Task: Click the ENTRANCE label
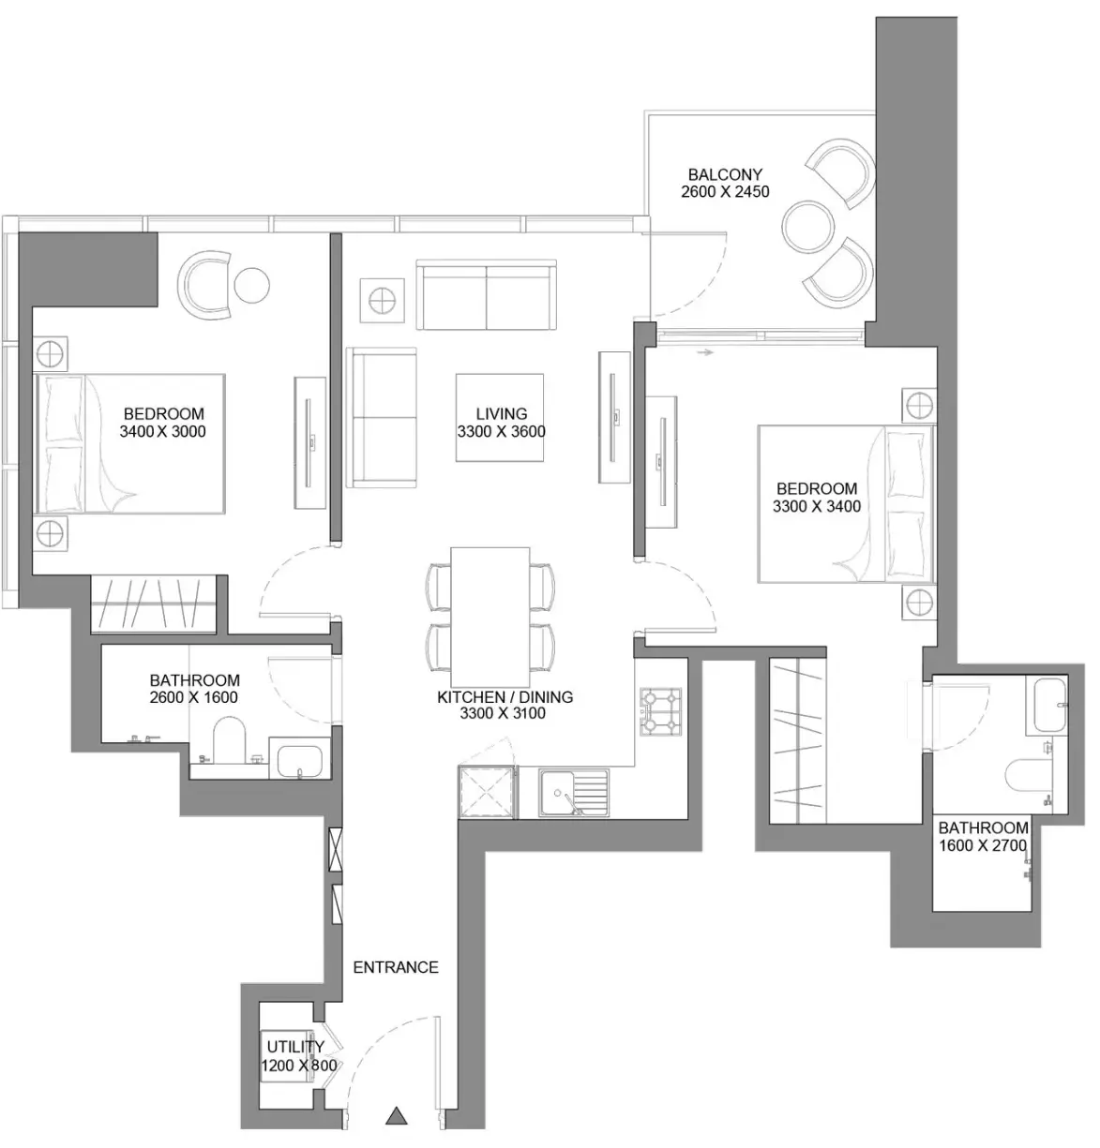[x=396, y=967]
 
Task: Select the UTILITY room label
[x=295, y=1047]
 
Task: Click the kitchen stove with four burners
[x=660, y=711]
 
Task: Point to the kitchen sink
[x=574, y=792]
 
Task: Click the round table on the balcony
[x=808, y=226]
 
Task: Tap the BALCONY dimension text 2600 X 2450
[x=725, y=192]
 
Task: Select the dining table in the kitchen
[x=490, y=614]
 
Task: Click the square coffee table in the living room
[x=500, y=417]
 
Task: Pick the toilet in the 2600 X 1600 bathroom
[x=229, y=740]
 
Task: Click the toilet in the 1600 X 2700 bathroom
[x=1028, y=774]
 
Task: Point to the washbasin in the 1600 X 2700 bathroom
[x=1050, y=705]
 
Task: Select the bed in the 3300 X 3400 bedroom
[x=846, y=504]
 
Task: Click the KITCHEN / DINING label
[x=505, y=696]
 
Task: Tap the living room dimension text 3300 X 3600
[x=502, y=432]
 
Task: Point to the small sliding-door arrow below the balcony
[x=705, y=352]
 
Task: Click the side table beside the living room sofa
[x=383, y=300]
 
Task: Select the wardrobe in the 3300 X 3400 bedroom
[x=798, y=740]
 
